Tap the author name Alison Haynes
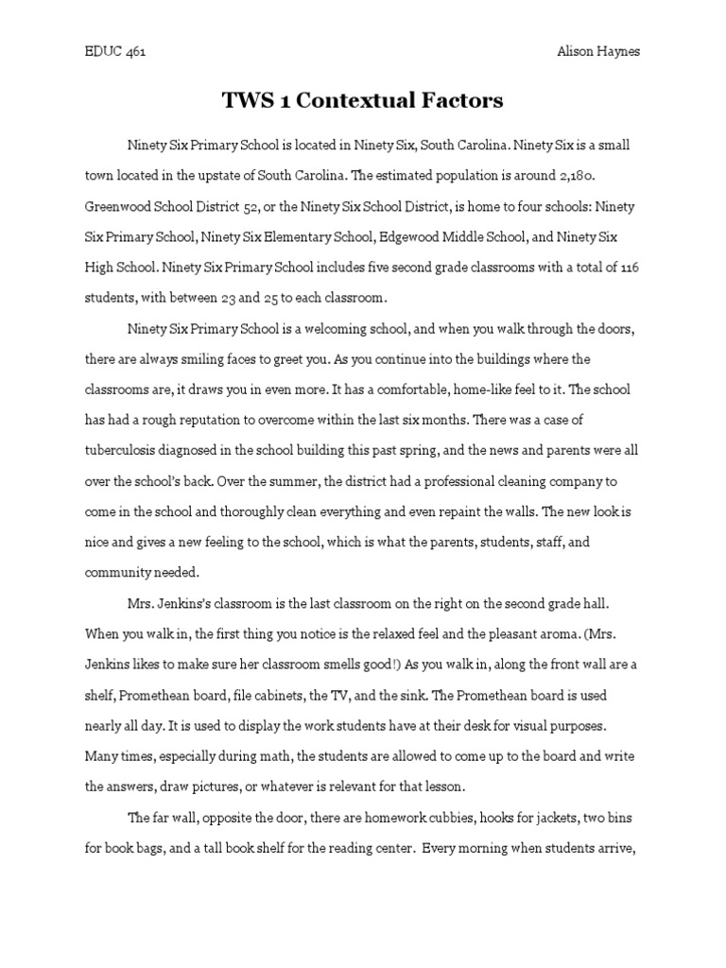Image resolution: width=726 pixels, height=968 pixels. [596, 52]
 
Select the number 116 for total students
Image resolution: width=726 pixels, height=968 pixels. [629, 268]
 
